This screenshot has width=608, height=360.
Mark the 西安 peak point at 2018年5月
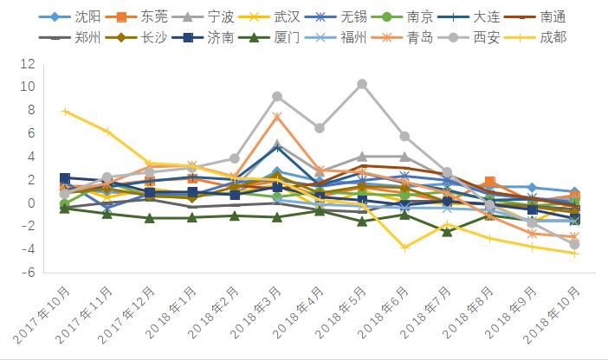click(362, 84)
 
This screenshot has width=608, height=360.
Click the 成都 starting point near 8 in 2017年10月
click(65, 112)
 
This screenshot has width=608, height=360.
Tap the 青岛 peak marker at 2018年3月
click(277, 117)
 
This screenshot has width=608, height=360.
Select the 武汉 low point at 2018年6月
click(404, 247)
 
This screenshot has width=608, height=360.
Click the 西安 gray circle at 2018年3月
click(277, 97)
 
